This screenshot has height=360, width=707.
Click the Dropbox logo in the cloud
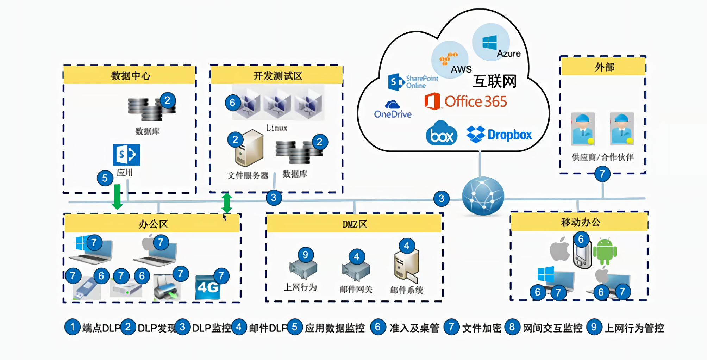(499, 135)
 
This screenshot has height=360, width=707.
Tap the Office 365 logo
(466, 101)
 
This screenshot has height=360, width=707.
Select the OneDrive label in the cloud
(393, 114)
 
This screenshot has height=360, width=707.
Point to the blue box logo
(442, 134)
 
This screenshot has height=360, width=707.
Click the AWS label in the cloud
(461, 69)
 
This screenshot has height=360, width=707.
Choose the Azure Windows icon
(489, 43)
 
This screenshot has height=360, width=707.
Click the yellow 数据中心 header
(130, 75)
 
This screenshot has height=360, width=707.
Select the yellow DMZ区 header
(354, 224)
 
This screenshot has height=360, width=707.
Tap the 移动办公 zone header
(580, 222)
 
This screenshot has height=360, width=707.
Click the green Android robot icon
(605, 252)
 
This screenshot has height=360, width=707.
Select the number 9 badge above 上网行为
(305, 255)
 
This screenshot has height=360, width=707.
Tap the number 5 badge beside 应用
(105, 178)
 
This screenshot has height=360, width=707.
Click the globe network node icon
(483, 195)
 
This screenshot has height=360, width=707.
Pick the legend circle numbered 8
(512, 327)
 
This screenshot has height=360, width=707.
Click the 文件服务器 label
(248, 175)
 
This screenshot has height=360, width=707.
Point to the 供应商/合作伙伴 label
(602, 157)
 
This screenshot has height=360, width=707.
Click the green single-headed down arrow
(117, 197)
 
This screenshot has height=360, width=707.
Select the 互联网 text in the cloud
(494, 81)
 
